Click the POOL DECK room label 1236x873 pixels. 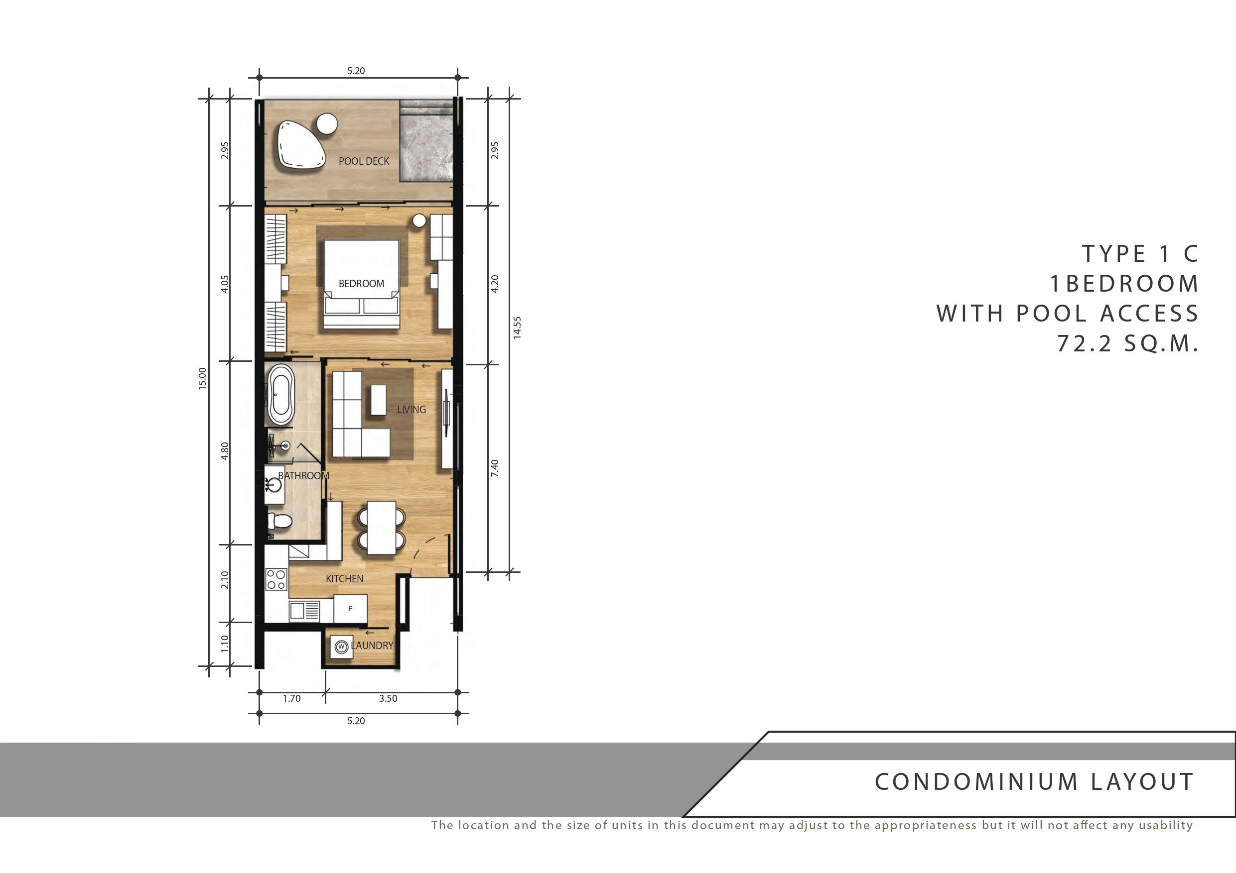(364, 161)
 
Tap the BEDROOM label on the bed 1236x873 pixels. (361, 284)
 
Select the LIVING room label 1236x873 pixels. (412, 409)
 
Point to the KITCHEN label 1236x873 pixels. (345, 579)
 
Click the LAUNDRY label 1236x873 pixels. (372, 646)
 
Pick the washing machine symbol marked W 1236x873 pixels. (341, 647)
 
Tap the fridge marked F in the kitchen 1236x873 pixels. (350, 608)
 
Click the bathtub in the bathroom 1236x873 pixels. (281, 394)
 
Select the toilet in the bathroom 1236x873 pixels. (279, 520)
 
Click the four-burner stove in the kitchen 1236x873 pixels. (276, 580)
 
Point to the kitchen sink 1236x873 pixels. (304, 611)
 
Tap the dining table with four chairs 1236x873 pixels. (381, 528)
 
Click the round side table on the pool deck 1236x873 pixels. (327, 124)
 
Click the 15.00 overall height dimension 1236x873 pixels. (202, 378)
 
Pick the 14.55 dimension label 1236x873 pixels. (517, 327)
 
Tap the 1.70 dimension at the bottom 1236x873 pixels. (292, 699)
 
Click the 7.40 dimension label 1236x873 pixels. (495, 468)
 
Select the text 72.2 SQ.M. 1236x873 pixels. (1128, 343)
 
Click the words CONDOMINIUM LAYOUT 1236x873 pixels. (1034, 782)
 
